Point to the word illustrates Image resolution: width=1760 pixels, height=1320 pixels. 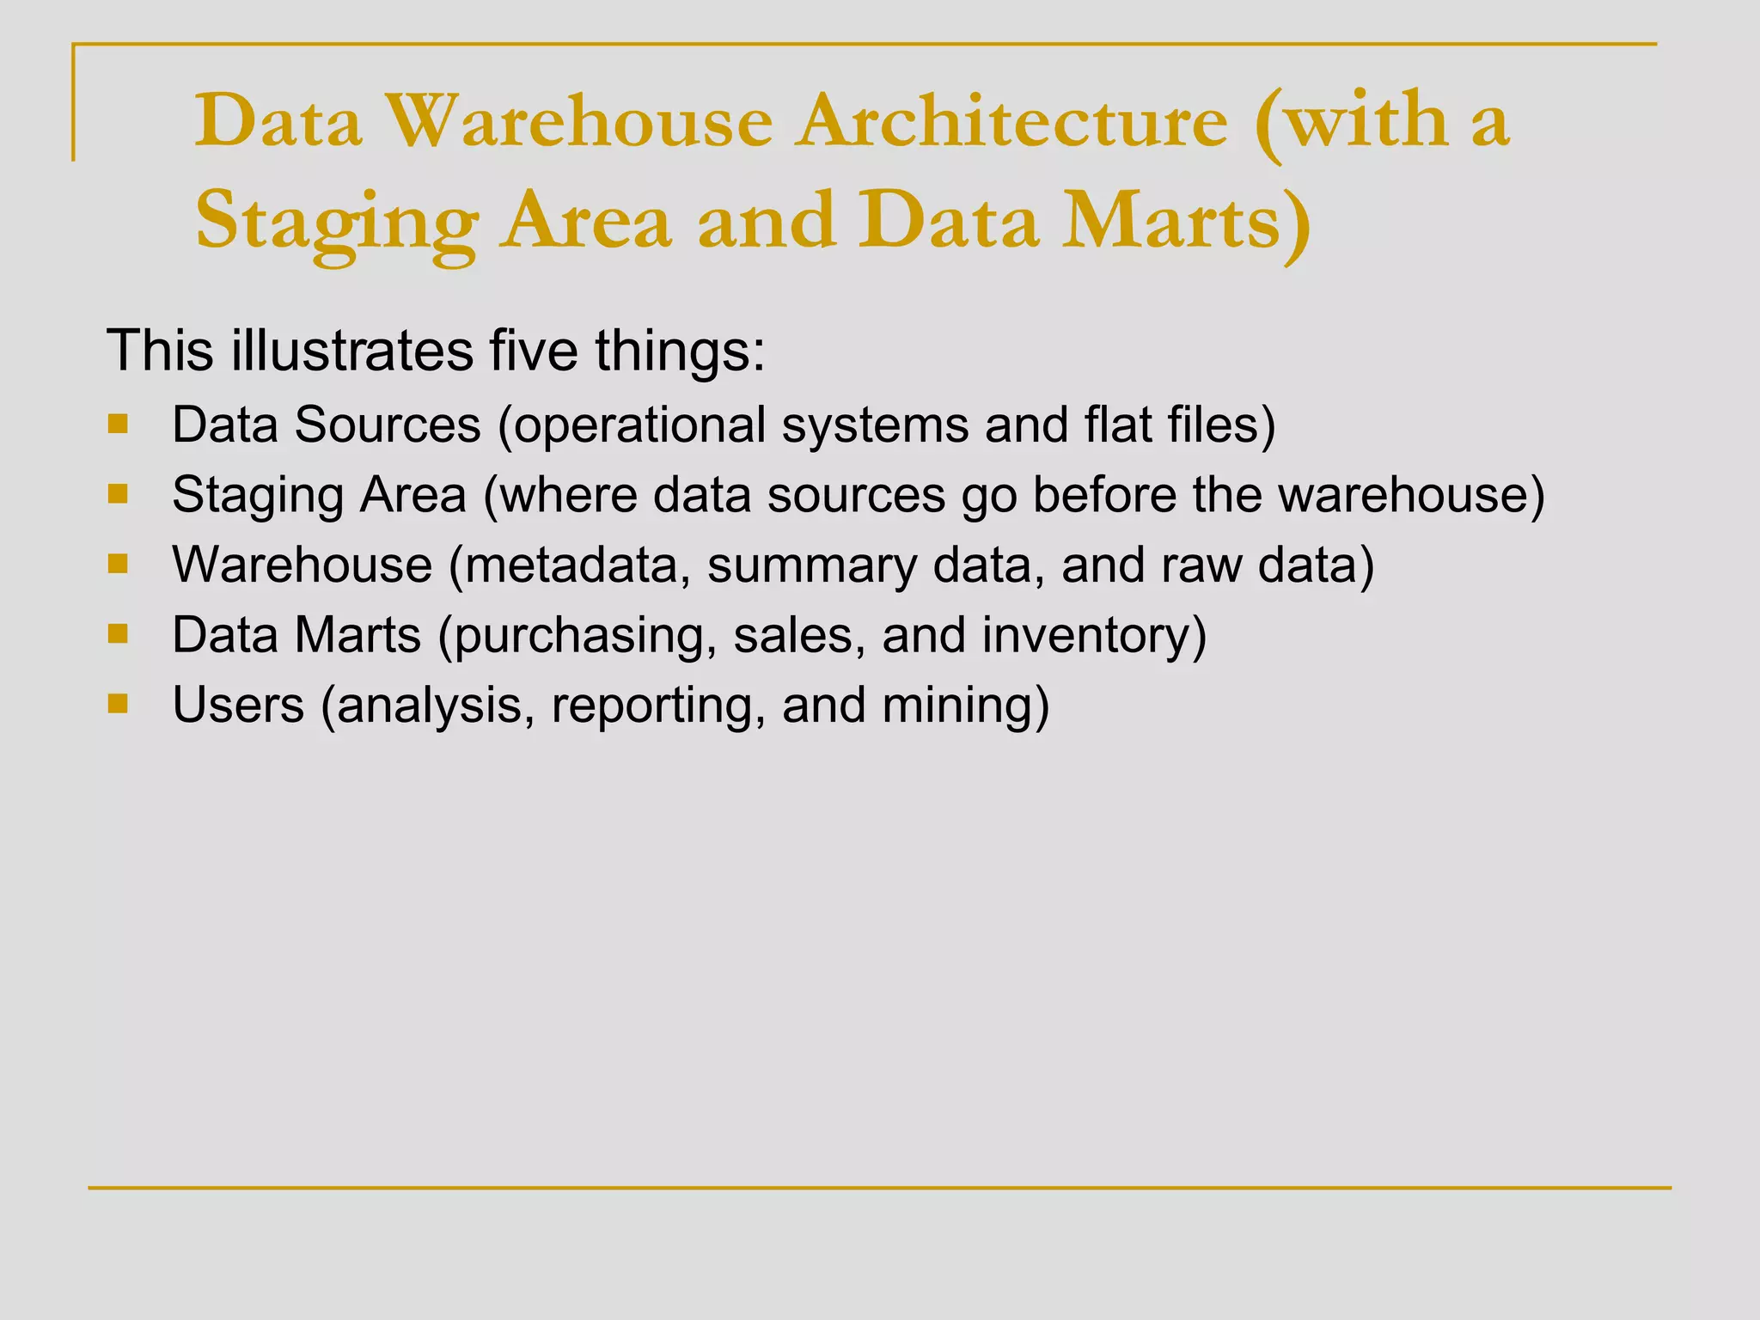352,351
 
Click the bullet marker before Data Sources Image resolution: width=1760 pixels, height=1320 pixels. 118,424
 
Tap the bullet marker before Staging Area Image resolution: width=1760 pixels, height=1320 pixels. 118,494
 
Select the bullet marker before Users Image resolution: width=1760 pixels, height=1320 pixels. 118,705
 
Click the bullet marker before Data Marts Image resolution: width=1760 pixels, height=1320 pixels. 118,634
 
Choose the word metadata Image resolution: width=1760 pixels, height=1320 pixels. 569,565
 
